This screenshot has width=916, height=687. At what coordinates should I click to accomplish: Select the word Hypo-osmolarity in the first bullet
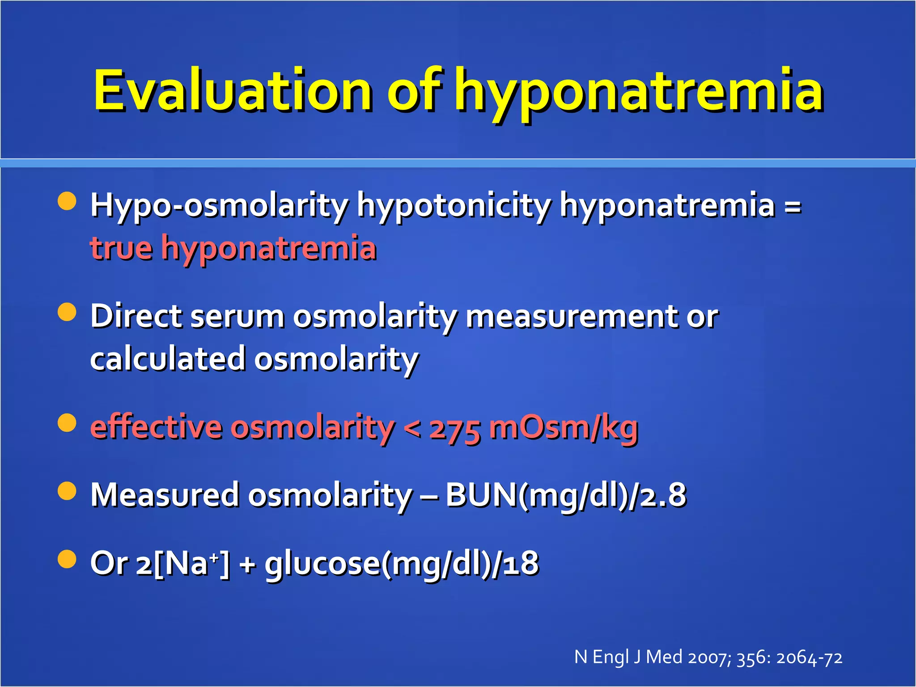click(x=219, y=206)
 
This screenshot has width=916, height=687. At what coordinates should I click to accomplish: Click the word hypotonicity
click(x=454, y=206)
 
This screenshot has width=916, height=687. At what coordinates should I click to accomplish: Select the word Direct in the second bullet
click(x=136, y=316)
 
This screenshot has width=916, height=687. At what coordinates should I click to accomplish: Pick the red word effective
click(x=156, y=427)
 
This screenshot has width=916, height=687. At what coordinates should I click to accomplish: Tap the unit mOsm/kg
click(x=564, y=428)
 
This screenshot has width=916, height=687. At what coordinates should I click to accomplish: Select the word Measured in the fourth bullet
click(x=165, y=495)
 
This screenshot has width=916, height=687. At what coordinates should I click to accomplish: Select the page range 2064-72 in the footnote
click(x=809, y=658)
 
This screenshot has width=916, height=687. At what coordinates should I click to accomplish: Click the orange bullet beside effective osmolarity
click(x=67, y=423)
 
